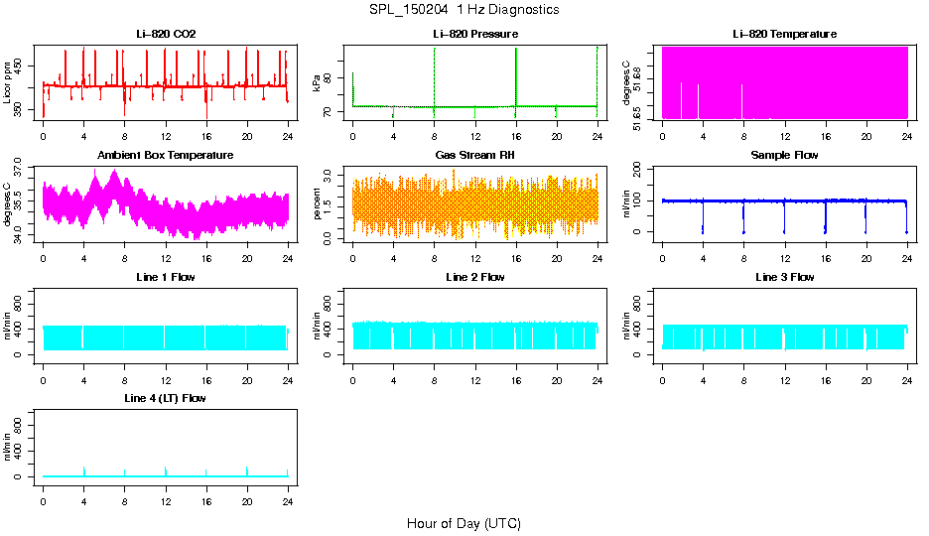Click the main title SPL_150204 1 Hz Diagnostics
463,10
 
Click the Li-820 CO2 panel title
166,35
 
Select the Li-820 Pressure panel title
475,35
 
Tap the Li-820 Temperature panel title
784,35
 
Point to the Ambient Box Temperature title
166,156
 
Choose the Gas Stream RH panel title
475,156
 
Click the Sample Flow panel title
784,156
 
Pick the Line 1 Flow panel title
166,277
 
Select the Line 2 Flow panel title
475,277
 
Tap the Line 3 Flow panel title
784,277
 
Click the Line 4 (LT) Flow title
166,398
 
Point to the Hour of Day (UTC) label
464,523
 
